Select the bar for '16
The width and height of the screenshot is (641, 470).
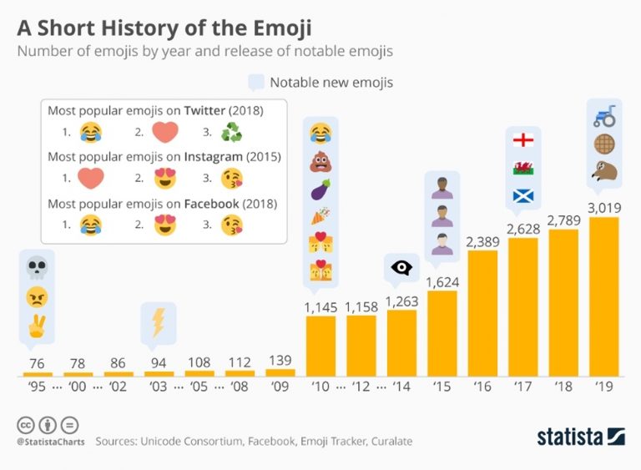point(482,313)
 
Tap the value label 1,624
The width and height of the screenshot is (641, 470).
point(442,281)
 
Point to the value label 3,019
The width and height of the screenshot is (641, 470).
point(603,207)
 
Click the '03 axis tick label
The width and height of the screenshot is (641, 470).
point(158,387)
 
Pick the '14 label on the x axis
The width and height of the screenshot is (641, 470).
point(401,387)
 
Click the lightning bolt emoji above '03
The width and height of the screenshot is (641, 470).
point(157,322)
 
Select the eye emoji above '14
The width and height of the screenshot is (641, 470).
point(402,268)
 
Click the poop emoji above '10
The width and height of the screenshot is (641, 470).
point(320,162)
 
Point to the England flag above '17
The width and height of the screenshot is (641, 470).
point(523,139)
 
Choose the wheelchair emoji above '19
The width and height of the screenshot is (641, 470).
point(603,114)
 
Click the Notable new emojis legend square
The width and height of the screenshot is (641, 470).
point(256,82)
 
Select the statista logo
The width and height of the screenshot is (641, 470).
point(580,436)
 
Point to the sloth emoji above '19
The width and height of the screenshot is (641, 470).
point(603,172)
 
